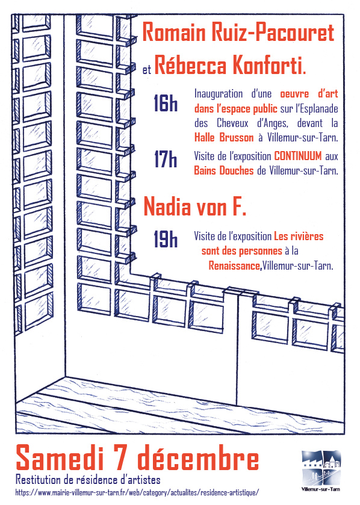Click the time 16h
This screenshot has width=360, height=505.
point(166,103)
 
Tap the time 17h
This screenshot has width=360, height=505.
point(166,159)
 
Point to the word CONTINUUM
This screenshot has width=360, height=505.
point(298,156)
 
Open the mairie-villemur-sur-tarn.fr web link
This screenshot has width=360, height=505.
point(137,492)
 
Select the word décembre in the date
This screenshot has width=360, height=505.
point(198,457)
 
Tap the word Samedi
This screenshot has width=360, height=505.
point(60,457)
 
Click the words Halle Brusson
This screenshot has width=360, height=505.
point(224,138)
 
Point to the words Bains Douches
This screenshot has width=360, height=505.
point(224,170)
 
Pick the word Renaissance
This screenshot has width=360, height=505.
point(234,265)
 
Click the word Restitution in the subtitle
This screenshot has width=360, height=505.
point(39,480)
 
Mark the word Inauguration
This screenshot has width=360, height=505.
point(219,94)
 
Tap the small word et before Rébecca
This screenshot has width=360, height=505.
point(146,70)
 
